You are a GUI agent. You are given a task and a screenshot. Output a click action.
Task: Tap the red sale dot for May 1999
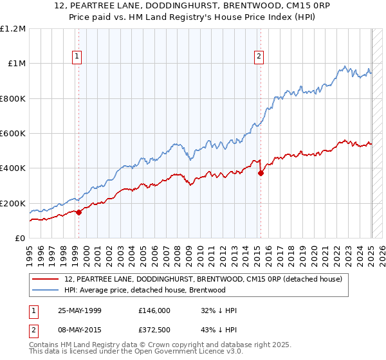79,212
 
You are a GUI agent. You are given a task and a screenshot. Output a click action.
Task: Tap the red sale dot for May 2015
261,173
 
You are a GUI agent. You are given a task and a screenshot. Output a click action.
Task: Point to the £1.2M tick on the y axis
13,29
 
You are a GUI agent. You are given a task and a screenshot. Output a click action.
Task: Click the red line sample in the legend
46,279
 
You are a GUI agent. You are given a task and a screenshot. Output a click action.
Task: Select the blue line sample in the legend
46,290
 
